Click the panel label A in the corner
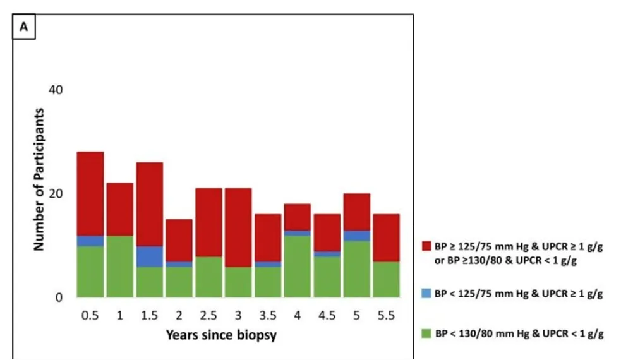point(25,27)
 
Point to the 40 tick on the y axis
point(56,90)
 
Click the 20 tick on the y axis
point(56,193)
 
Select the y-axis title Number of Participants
point(39,179)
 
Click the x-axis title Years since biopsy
point(221,335)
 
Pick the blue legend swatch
point(426,294)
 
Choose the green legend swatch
point(426,333)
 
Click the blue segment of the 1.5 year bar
point(150,256)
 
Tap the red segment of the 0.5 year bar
point(90,193)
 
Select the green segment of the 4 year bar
point(297,266)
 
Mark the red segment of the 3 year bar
point(238,227)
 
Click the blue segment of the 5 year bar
point(356,236)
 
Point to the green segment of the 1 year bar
point(120,266)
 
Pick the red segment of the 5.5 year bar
point(386,237)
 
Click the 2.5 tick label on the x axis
point(208,315)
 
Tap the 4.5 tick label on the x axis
point(327,315)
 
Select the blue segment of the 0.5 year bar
point(90,241)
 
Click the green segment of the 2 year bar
point(179,282)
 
